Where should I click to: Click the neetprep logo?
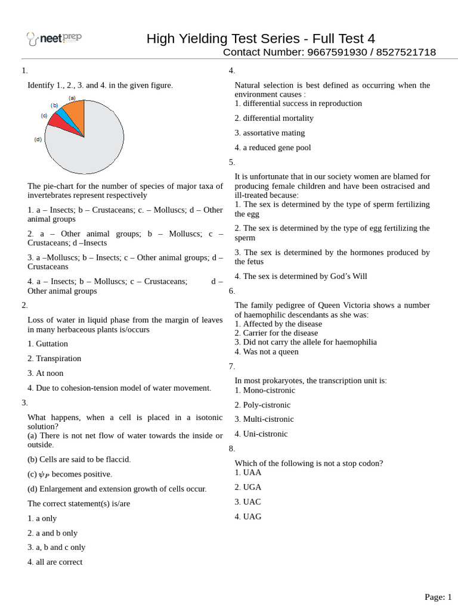pos(54,39)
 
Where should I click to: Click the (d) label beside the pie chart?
pos(38,139)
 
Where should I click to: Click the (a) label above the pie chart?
pos(72,98)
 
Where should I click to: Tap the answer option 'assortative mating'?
pos(270,133)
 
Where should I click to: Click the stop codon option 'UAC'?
pos(248,502)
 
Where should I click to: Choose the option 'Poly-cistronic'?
pos(262,405)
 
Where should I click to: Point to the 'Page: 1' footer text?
pos(438,597)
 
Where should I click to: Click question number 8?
pos(232,449)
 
